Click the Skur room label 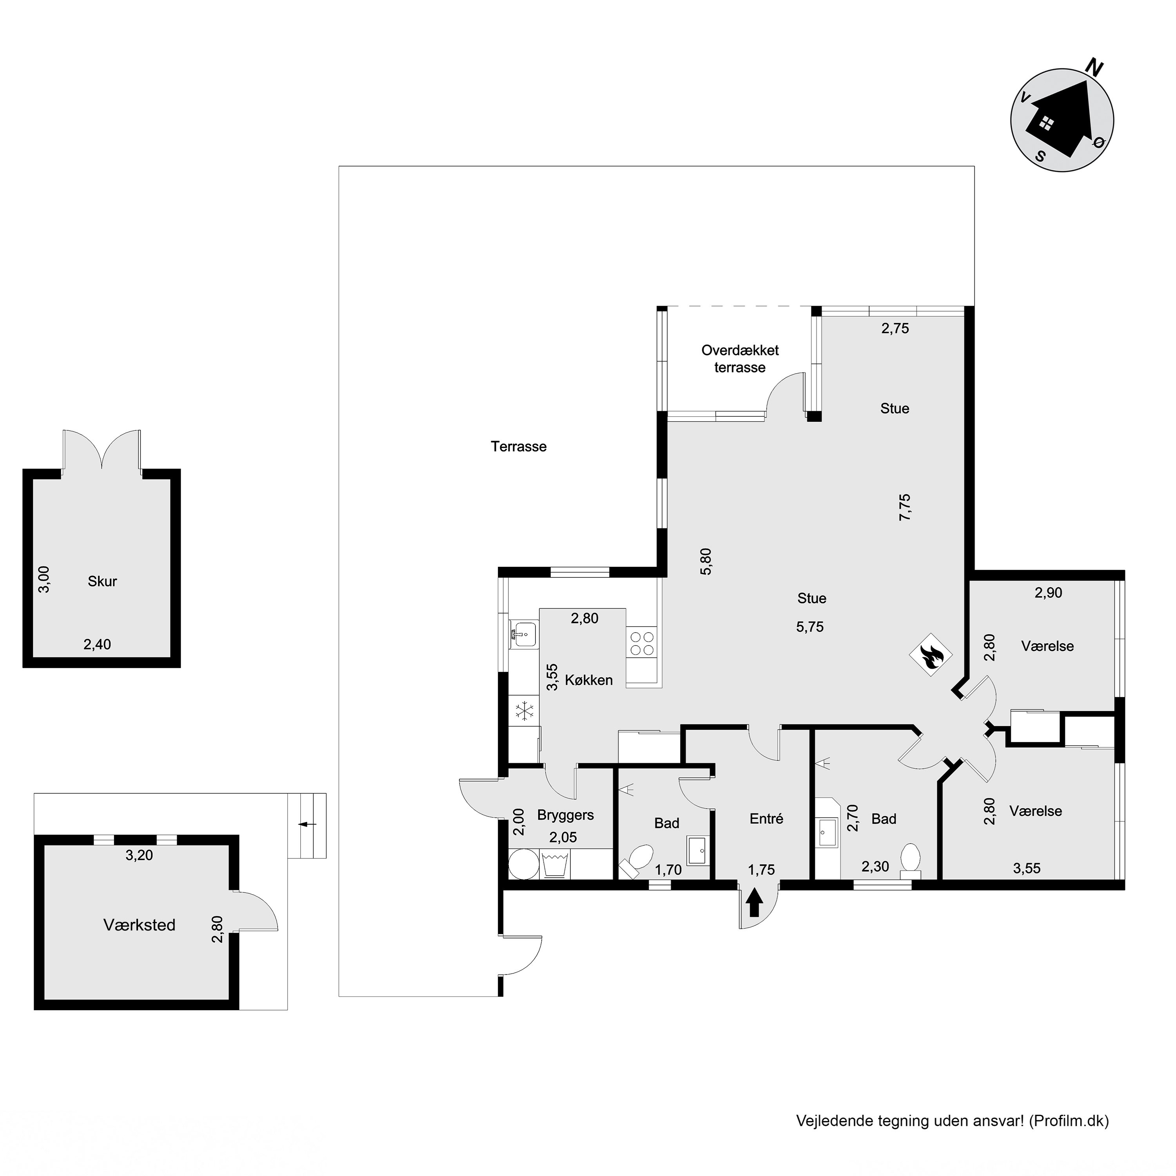tap(102, 581)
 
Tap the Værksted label tap(140, 925)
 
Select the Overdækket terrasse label tap(740, 359)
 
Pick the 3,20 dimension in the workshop tap(140, 855)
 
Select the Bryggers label tap(566, 815)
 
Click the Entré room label tap(766, 819)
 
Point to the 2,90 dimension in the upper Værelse tap(1048, 592)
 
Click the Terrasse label tap(519, 447)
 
